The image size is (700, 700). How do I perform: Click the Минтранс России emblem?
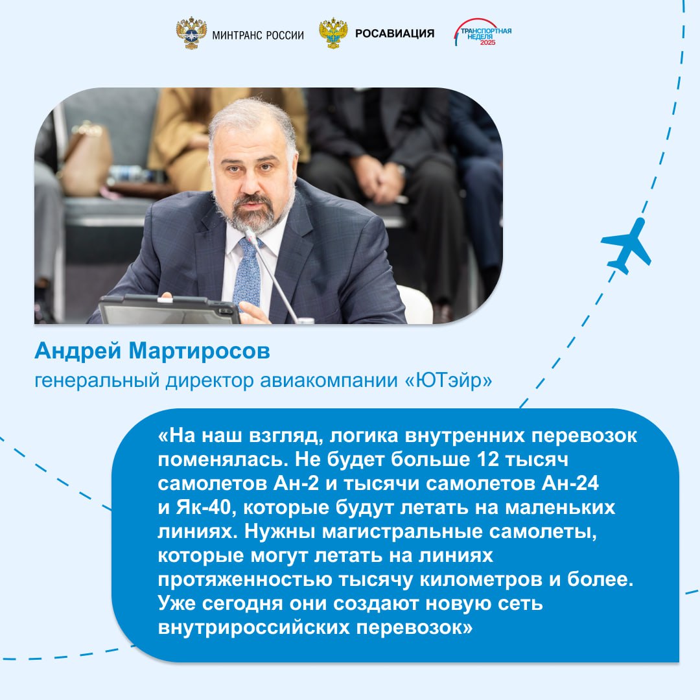point(191,34)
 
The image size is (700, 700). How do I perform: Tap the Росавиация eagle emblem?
point(333,34)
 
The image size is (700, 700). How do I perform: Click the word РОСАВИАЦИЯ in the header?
point(395,34)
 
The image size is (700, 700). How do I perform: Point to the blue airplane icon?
point(626,245)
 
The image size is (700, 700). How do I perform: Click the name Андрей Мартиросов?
point(152,351)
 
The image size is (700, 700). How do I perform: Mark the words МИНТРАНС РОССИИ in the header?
point(258,35)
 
